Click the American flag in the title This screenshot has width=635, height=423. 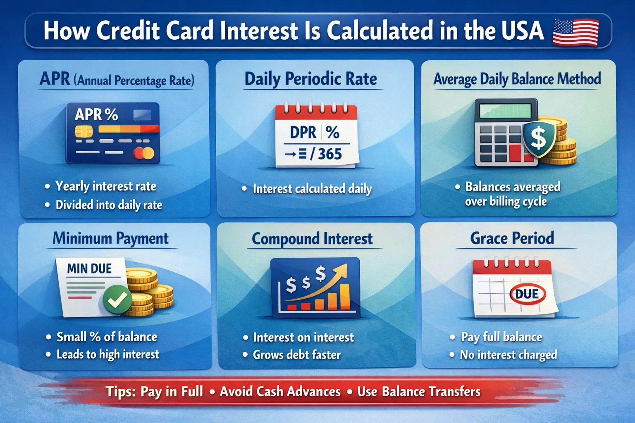(x=575, y=32)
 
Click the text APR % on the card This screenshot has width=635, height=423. (x=96, y=114)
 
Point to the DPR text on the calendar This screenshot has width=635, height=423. (x=303, y=133)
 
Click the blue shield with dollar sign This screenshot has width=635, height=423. (x=539, y=138)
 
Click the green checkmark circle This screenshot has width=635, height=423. (x=117, y=300)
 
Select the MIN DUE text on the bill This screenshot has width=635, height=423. (x=89, y=269)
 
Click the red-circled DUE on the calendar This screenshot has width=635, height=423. (x=527, y=294)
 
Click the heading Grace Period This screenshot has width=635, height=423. (x=512, y=238)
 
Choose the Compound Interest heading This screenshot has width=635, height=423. (x=312, y=239)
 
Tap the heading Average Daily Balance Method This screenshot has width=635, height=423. (x=517, y=79)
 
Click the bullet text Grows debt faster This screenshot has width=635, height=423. (x=296, y=354)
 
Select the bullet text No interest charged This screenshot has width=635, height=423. (x=508, y=354)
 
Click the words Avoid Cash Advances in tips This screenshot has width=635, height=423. (x=280, y=391)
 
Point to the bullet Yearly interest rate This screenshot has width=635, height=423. (x=106, y=186)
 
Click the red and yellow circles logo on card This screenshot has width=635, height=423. (x=144, y=154)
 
